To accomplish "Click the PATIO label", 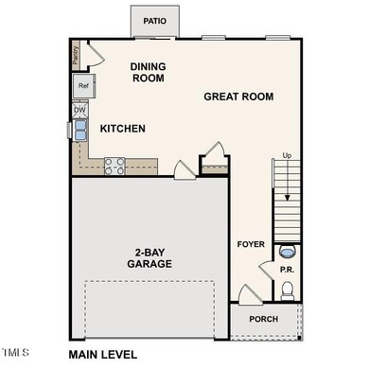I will pyautogui.click(x=154, y=20).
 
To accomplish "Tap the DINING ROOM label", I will pyautogui.click(x=147, y=72).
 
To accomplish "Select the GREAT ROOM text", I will pyautogui.click(x=238, y=97).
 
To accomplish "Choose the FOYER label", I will pyautogui.click(x=251, y=245).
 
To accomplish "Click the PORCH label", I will pyautogui.click(x=264, y=319).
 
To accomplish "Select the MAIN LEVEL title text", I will pyautogui.click(x=102, y=355).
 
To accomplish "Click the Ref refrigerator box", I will pyautogui.click(x=83, y=86).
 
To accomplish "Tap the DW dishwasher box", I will pyautogui.click(x=80, y=110).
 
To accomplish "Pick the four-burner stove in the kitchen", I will pyautogui.click(x=114, y=167).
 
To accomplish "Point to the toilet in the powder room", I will pyautogui.click(x=288, y=253).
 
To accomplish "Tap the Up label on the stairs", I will pyautogui.click(x=287, y=155).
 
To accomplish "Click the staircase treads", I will pyautogui.click(x=287, y=203).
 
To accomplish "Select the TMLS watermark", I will pyautogui.click(x=17, y=355).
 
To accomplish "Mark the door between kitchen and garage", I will pyautogui.click(x=184, y=169).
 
